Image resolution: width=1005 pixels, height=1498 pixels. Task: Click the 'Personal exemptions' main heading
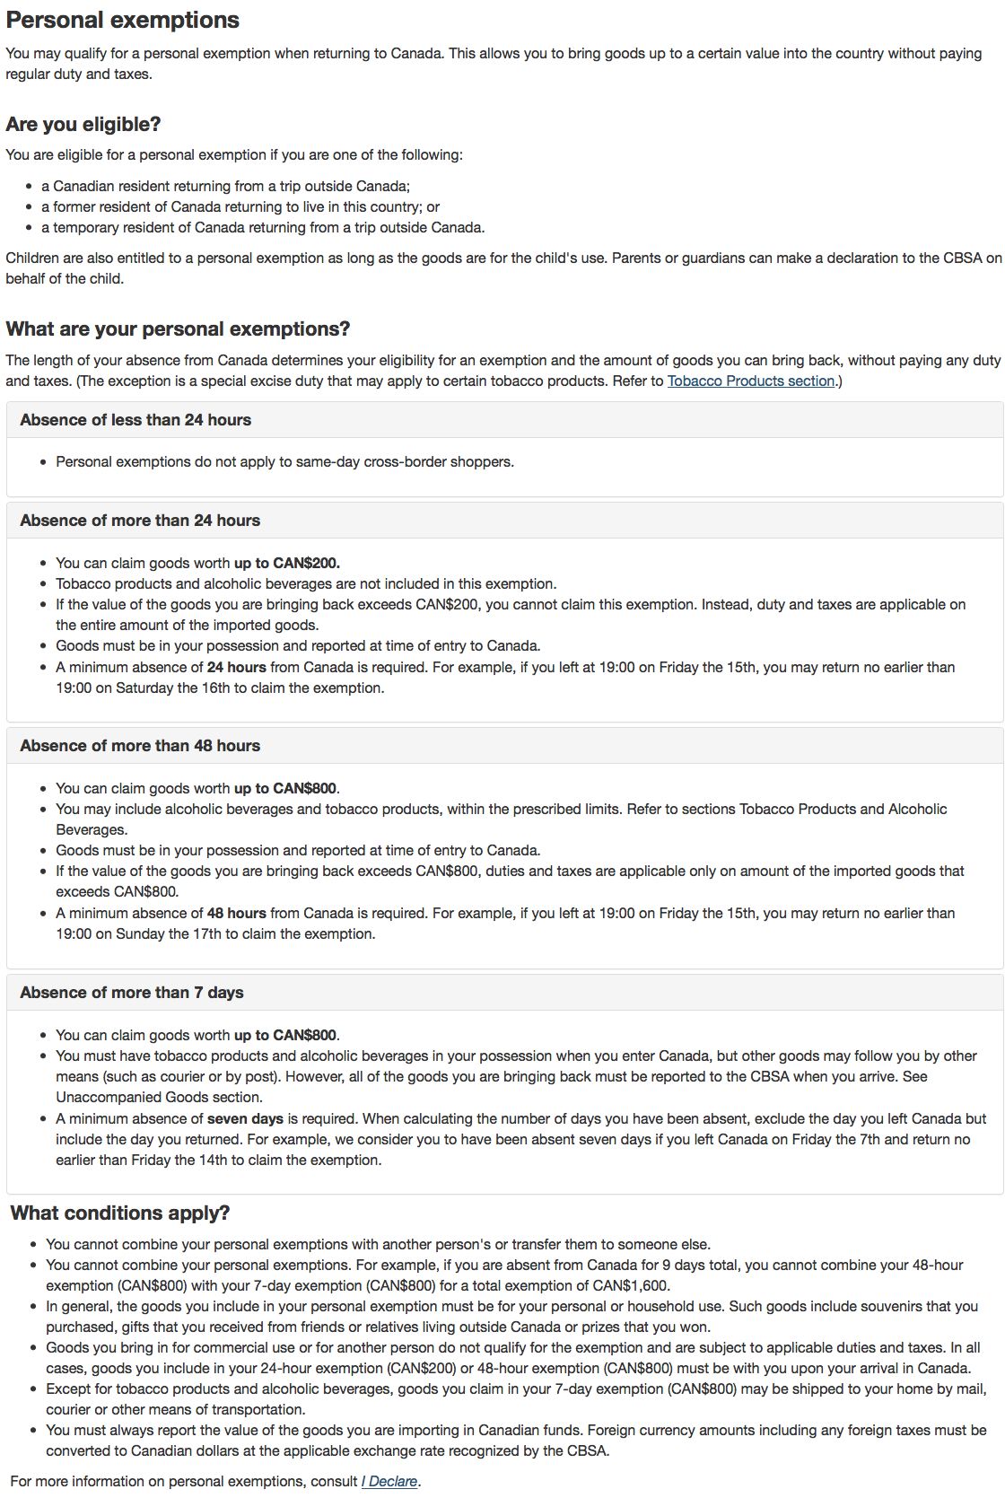point(122,20)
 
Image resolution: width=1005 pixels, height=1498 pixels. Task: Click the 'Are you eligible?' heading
point(83,124)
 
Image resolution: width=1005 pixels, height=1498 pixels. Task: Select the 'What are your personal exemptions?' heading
point(178,329)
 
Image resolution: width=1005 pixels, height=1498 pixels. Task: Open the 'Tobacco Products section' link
point(751,381)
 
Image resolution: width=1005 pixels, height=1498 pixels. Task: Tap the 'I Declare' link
point(389,1481)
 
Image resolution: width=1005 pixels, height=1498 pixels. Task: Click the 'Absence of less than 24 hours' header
point(135,420)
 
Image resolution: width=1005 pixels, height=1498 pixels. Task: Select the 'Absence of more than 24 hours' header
point(140,521)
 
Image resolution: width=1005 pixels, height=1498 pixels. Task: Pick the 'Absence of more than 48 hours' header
point(140,746)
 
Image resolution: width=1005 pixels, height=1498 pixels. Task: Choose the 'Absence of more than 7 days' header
point(132,993)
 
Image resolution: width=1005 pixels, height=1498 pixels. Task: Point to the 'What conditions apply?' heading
point(120,1213)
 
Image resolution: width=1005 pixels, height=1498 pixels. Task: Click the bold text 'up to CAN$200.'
point(287,564)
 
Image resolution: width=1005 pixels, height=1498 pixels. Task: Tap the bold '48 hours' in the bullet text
point(237,914)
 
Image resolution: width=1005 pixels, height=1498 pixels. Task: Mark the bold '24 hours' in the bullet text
point(237,668)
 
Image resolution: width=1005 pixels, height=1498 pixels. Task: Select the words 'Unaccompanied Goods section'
point(159,1097)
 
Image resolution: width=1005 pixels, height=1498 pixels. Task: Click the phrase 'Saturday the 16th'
point(153,688)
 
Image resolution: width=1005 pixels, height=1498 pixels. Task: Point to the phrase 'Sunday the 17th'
point(149,934)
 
